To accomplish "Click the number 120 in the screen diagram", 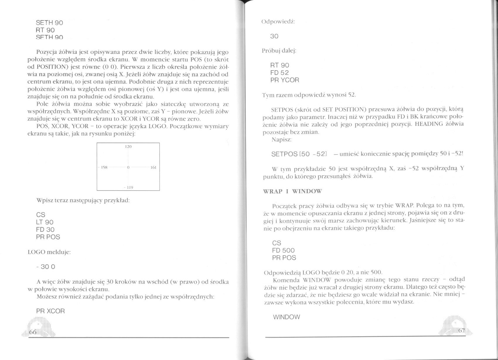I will (128, 147).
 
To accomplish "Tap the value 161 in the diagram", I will (153, 168).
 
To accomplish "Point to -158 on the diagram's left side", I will (103, 168).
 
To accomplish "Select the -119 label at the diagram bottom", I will (128, 187).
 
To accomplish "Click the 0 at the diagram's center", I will (128, 168).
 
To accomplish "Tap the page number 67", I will (462, 331).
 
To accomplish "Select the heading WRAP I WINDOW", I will (292, 191).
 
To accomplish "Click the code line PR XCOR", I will (50, 311).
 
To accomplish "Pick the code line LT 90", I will (45, 222).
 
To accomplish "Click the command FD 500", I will (283, 250).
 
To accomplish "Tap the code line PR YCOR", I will (285, 80).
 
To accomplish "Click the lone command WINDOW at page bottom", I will (286, 317).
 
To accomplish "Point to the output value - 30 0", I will (45, 267).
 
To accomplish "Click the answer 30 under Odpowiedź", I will (274, 36).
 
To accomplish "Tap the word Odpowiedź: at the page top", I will (278, 22).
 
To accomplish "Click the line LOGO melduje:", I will (49, 252).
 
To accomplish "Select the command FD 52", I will (279, 73).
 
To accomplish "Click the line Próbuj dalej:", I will (279, 51).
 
